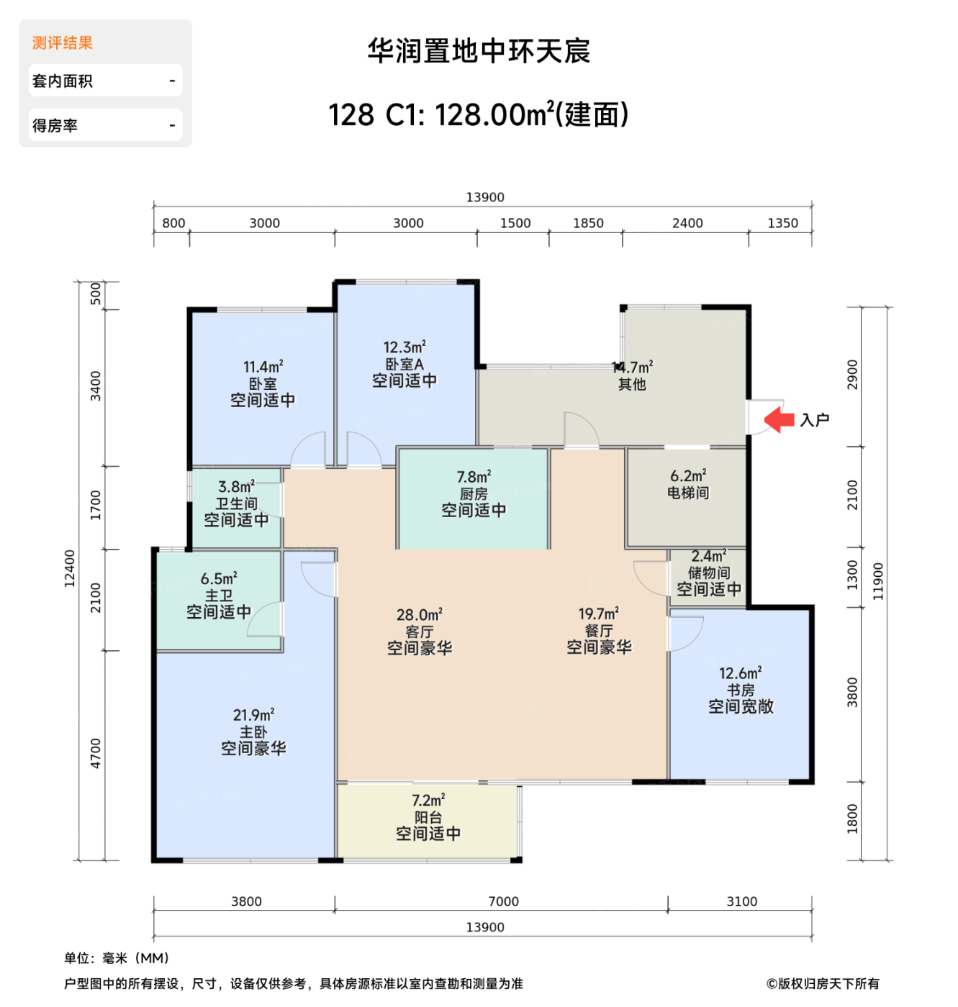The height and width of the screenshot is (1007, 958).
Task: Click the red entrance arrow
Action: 779,420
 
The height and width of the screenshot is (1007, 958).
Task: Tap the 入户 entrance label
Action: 815,420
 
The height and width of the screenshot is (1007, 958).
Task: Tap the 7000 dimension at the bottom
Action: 503,901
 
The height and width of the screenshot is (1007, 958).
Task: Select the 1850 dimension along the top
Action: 588,223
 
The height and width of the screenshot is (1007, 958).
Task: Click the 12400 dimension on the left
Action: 70,569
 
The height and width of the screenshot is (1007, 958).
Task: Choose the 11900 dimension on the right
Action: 878,581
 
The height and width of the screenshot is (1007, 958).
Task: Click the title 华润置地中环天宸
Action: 479,51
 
